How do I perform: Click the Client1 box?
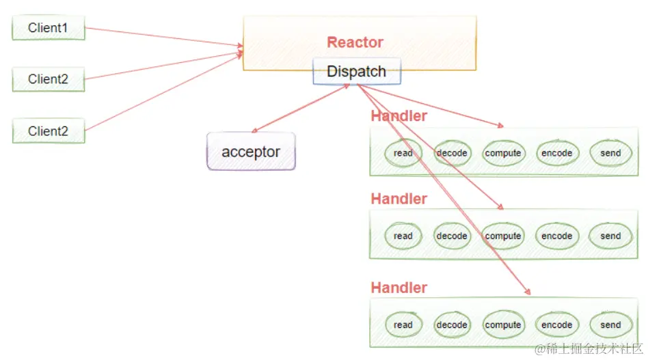tap(48, 29)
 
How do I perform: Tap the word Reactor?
tap(355, 42)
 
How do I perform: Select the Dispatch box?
tap(356, 72)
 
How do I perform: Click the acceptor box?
tap(251, 152)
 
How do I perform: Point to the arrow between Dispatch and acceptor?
tap(301, 109)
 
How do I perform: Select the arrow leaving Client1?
tap(164, 38)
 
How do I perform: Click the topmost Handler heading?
tap(399, 116)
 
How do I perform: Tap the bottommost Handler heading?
tap(399, 288)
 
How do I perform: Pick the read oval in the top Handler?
tap(403, 153)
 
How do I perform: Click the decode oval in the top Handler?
tap(452, 153)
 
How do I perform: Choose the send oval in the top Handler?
tap(610, 153)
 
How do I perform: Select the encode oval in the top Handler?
tap(556, 153)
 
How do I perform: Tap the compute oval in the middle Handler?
tap(503, 236)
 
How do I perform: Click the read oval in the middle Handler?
tap(403, 236)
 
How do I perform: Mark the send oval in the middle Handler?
tap(610, 236)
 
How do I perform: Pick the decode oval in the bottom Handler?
tap(452, 324)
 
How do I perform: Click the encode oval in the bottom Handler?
tap(556, 324)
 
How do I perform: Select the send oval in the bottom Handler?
tap(610, 324)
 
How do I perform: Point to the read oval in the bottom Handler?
tap(403, 324)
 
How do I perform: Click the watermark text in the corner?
tap(588, 349)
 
